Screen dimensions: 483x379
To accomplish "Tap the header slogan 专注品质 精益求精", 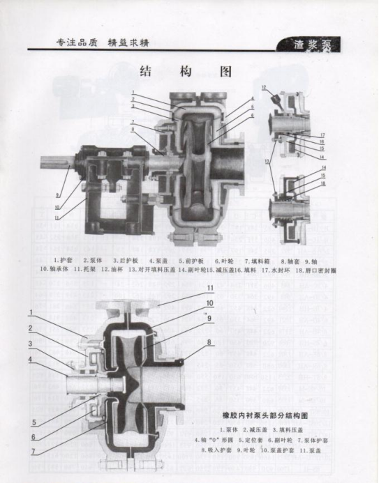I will pyautogui.click(x=102, y=43).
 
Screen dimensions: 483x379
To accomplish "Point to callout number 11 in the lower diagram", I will pyautogui.click(x=209, y=288).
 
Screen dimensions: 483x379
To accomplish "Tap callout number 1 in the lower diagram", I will pyautogui.click(x=31, y=312).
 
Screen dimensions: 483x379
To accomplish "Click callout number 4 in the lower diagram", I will pyautogui.click(x=31, y=360).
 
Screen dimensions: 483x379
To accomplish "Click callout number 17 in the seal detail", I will pyautogui.click(x=322, y=135).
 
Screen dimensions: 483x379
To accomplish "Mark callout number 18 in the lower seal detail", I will pyautogui.click(x=322, y=183).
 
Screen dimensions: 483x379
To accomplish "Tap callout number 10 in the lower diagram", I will pyautogui.click(x=209, y=303).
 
